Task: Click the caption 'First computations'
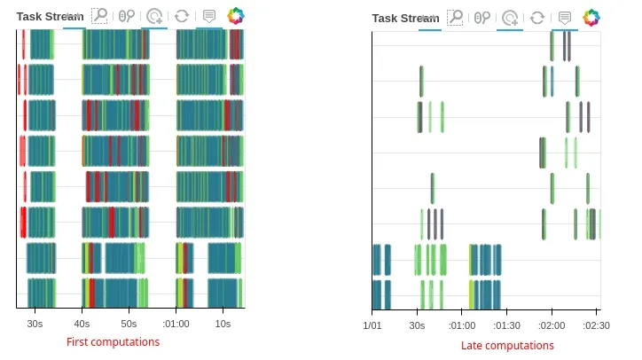(x=113, y=342)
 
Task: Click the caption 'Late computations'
(x=495, y=346)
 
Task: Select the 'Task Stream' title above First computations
(x=50, y=16)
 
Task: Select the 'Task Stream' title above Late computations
(x=405, y=18)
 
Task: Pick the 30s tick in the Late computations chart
(x=417, y=325)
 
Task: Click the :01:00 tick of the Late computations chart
(x=461, y=325)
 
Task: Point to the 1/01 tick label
(x=372, y=325)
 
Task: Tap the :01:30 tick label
(x=506, y=325)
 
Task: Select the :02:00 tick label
(x=552, y=325)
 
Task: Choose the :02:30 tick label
(x=597, y=325)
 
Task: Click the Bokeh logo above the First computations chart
(x=236, y=16)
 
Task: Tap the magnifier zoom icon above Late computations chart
(x=455, y=17)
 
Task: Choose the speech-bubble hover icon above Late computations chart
(x=564, y=17)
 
